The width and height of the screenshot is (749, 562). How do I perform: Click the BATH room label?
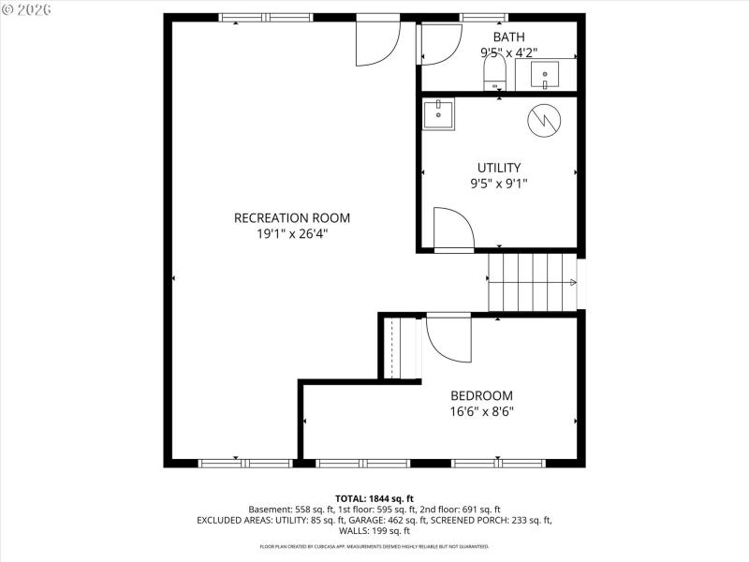[x=496, y=37]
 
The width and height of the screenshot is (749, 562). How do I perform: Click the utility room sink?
[x=437, y=115]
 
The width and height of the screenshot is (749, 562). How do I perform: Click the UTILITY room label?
[x=499, y=168]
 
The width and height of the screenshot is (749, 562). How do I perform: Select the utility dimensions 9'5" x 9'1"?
[x=499, y=184]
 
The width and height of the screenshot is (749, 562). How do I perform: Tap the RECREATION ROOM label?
[x=292, y=218]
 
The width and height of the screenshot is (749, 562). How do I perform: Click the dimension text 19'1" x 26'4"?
[x=292, y=234]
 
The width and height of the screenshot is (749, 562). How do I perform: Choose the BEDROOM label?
[x=481, y=395]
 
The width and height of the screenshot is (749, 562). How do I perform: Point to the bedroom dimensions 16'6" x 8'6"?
[x=481, y=411]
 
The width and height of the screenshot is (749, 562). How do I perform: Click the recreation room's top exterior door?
[x=377, y=40]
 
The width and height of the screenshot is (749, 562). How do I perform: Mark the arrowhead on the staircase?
[x=571, y=282]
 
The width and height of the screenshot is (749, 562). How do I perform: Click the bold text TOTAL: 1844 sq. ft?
[x=374, y=497]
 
